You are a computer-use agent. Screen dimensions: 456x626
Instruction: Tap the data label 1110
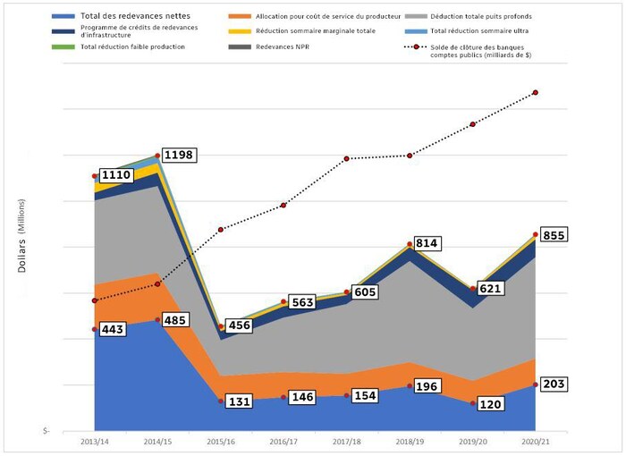coord(117,176)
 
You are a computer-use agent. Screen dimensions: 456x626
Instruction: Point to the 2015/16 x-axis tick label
coord(221,441)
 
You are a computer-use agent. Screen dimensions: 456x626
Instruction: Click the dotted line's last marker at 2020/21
coord(536,92)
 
